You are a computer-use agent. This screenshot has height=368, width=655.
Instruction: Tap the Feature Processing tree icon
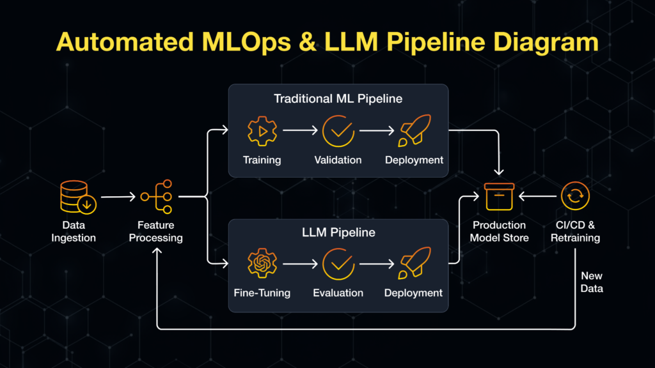157,197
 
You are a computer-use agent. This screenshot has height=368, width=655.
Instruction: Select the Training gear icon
262,130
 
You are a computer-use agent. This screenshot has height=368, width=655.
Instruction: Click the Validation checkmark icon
338,130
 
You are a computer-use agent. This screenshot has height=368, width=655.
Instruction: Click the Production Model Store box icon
499,197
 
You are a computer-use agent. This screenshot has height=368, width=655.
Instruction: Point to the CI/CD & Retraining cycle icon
575,197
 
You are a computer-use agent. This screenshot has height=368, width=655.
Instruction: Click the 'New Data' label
592,282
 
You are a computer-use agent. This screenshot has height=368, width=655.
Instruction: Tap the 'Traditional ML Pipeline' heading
338,99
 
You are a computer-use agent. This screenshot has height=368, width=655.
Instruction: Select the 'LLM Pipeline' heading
338,233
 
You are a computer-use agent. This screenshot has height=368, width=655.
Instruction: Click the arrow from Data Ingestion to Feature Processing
118,197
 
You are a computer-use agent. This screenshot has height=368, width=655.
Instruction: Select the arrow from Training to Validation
300,130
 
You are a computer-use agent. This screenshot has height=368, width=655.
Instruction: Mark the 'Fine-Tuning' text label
262,293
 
